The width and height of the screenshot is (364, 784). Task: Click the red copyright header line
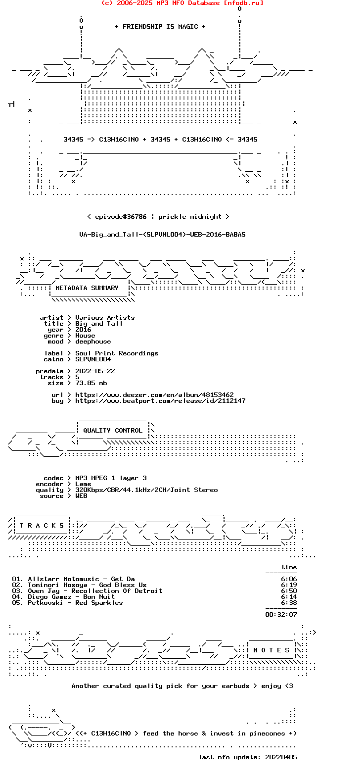tap(182, 3)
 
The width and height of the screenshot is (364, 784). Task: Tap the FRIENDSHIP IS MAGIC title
tap(160, 27)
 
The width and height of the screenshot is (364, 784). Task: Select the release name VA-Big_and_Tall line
tap(162, 235)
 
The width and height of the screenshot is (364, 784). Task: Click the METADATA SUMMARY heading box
tap(87, 288)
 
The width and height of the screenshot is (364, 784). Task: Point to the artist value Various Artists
tap(105, 318)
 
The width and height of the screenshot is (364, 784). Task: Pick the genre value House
tap(85, 336)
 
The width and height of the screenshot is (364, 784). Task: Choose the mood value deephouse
tap(93, 342)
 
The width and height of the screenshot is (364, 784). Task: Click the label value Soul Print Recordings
tap(117, 353)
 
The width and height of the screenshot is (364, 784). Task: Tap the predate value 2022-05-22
tap(95, 371)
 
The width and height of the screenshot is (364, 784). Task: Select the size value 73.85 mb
tap(91, 383)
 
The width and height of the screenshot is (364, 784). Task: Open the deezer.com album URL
tap(154, 395)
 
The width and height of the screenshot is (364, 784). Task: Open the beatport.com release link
tap(160, 401)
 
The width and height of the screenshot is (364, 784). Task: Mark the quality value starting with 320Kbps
tap(146, 490)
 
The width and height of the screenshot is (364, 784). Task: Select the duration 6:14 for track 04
tap(289, 597)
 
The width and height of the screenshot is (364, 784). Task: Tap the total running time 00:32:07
tap(281, 615)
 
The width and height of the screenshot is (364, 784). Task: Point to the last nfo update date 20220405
tap(281, 757)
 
